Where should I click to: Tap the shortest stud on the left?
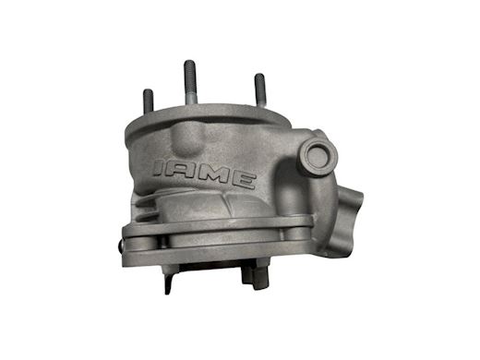point(149,101)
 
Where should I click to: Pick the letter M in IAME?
point(212,177)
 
